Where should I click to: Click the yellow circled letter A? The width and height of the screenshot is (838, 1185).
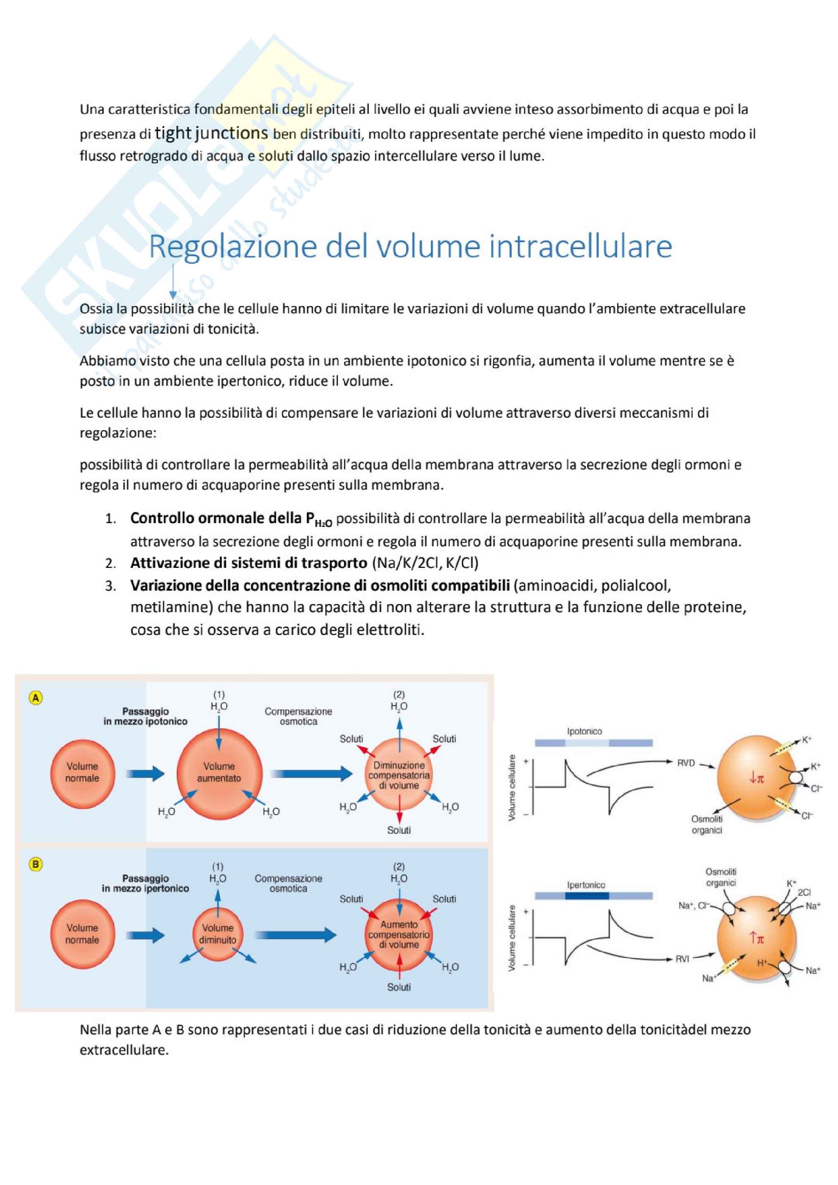(x=36, y=698)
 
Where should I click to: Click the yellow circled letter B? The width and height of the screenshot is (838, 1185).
(x=36, y=865)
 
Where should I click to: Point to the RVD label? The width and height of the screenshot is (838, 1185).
(x=686, y=763)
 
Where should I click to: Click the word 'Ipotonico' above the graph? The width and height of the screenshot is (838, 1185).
(x=584, y=731)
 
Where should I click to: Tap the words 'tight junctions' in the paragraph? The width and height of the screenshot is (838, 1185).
(x=211, y=133)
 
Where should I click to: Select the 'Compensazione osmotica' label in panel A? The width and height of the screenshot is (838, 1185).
(x=298, y=716)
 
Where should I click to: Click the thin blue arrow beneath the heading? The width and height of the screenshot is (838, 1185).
(x=173, y=282)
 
